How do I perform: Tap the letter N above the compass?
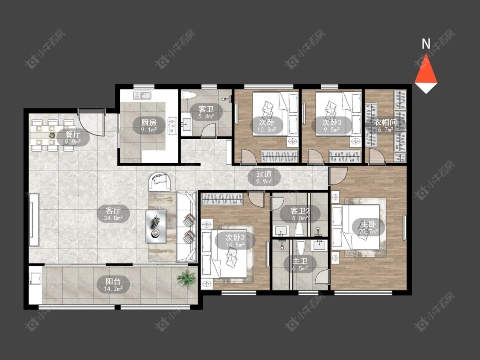click(x=426, y=44)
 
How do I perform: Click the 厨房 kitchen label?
click(x=149, y=122)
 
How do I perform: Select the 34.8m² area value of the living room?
click(x=113, y=218)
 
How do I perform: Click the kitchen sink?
click(x=142, y=96)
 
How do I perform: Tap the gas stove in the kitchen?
click(x=172, y=125)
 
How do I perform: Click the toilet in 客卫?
click(x=189, y=95)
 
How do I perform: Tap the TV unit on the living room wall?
click(x=34, y=220)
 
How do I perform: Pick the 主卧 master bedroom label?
click(x=368, y=224)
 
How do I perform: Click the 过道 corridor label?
click(x=264, y=174)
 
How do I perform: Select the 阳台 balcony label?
click(x=113, y=281)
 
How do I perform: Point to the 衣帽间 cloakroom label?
click(x=385, y=122)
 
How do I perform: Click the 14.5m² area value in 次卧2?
click(x=235, y=245)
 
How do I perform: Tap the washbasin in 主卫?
click(x=319, y=246)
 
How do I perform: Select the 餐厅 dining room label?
click(x=73, y=135)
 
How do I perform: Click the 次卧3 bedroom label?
click(x=332, y=122)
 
